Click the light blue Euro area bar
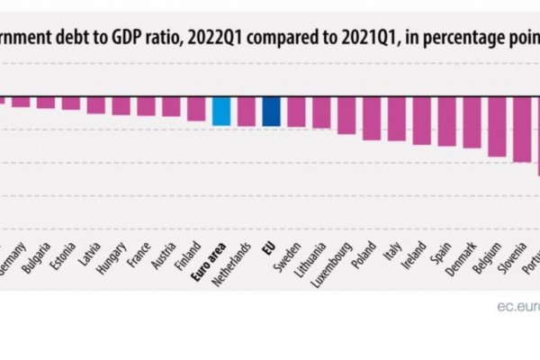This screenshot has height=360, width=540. (x=221, y=111)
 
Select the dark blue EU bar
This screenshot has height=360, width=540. (x=272, y=112)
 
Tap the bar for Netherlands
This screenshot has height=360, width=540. (x=247, y=112)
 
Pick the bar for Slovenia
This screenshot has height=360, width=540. (x=521, y=130)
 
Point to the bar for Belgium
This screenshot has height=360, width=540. (x=496, y=127)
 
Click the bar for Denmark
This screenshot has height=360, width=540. (x=471, y=122)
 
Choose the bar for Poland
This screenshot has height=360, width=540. (x=371, y=118)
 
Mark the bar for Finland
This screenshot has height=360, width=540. (x=196, y=108)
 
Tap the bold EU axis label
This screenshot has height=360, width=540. (x=268, y=249)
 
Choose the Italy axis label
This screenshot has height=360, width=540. (x=389, y=252)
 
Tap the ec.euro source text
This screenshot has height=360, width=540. (x=517, y=307)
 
